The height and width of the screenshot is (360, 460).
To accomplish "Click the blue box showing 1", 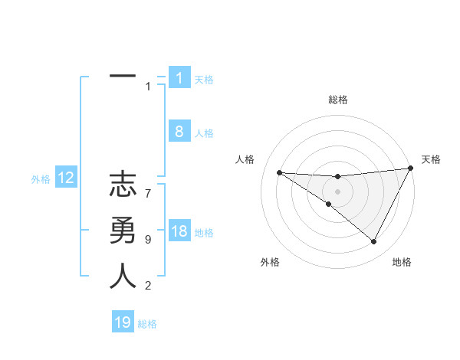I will [179, 78].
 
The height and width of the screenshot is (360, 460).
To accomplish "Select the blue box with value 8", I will [179, 132].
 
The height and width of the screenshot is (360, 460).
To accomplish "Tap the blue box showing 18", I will [179, 231].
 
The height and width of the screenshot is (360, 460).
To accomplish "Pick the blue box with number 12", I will [66, 178].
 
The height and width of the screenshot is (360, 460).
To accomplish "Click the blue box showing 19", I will [123, 322].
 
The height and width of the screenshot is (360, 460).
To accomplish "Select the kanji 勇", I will [123, 231].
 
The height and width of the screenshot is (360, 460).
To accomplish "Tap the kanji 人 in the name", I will [123, 277].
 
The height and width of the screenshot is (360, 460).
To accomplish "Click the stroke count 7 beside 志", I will [148, 186].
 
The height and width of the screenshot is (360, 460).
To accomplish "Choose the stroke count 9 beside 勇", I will [148, 240].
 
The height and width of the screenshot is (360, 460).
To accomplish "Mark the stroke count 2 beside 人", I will [148, 286].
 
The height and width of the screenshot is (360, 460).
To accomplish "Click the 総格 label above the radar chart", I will [337, 100].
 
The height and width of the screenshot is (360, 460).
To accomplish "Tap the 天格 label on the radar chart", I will [431, 159].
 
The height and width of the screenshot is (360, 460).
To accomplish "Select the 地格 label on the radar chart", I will [402, 262].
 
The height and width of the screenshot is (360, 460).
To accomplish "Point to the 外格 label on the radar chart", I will [270, 262].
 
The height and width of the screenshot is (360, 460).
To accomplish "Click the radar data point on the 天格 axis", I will [410, 169].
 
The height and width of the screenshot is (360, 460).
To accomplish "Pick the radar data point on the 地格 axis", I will [374, 242].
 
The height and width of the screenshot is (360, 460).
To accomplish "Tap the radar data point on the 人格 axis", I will [279, 172].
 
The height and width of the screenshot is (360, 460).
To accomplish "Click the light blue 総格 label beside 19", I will [147, 325].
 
